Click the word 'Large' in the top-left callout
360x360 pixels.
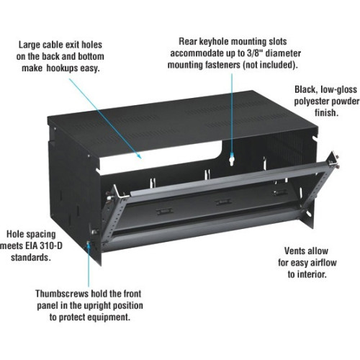click(x=32, y=44)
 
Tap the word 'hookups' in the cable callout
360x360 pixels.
click(x=68, y=68)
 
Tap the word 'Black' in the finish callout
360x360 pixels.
click(x=308, y=89)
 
